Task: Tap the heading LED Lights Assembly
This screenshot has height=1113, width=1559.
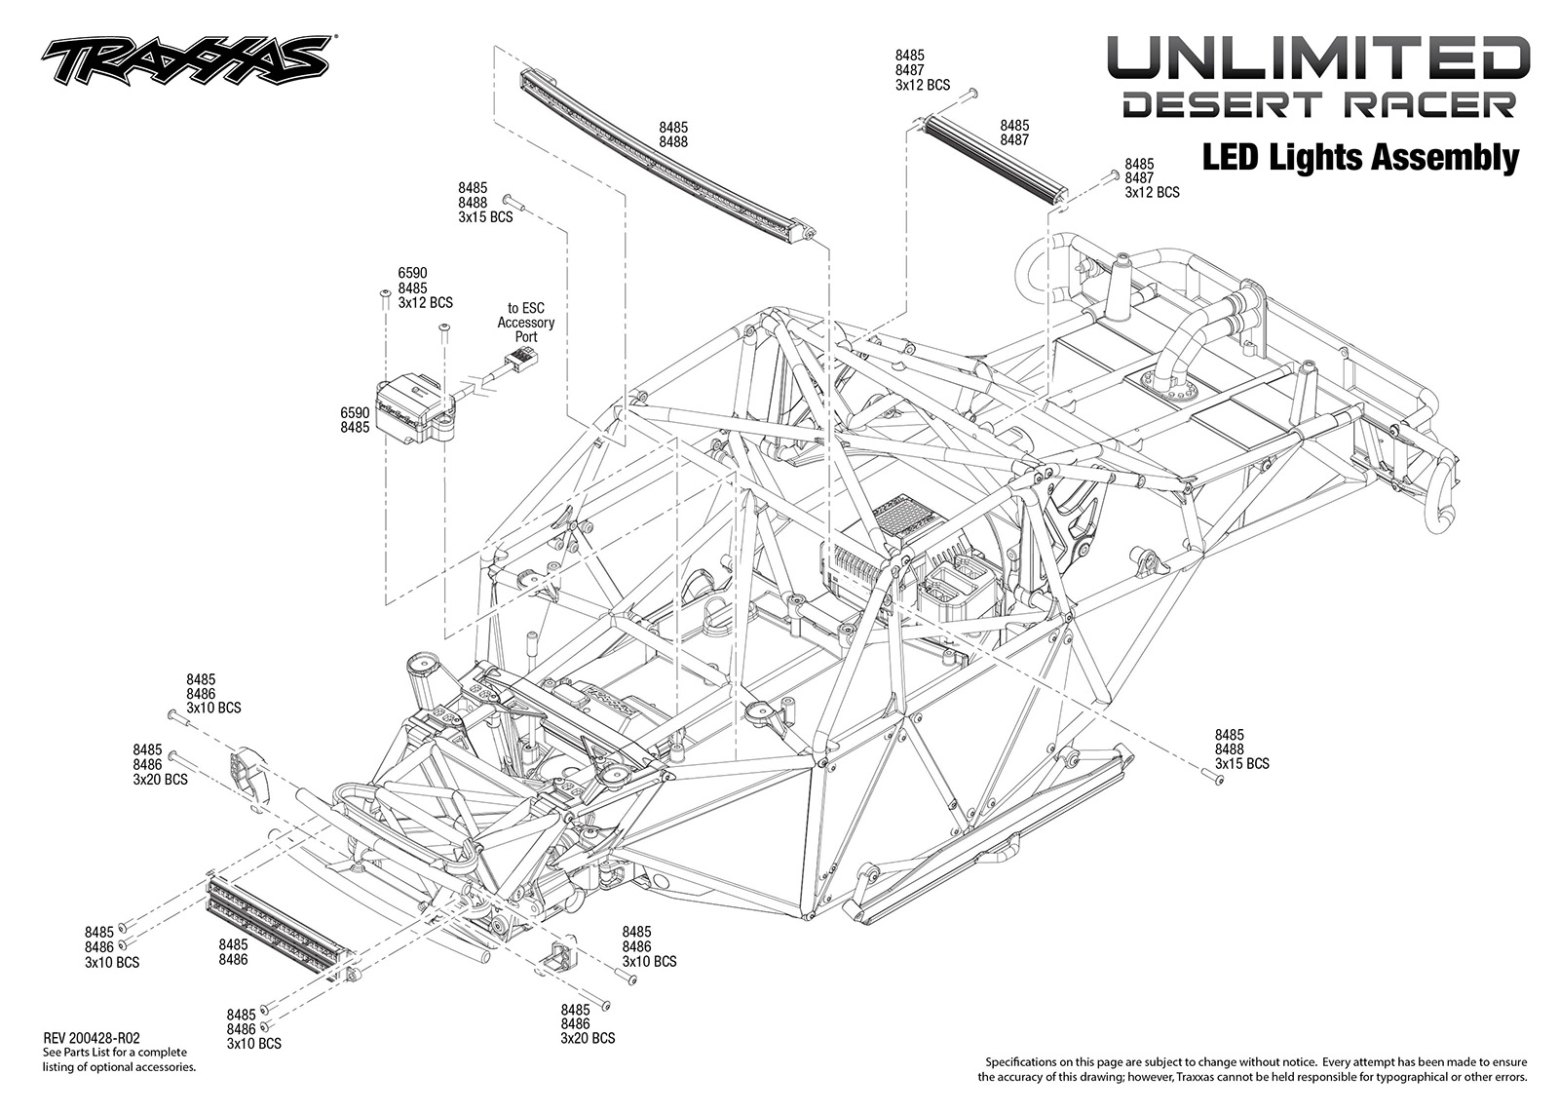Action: click(1360, 158)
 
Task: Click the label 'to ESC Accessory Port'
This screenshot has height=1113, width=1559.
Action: click(525, 323)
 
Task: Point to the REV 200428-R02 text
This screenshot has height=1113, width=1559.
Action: click(91, 1039)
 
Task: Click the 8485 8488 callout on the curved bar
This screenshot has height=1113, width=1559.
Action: click(673, 134)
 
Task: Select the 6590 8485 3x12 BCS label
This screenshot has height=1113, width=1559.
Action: click(425, 288)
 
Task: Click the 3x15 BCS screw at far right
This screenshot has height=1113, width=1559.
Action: click(1212, 780)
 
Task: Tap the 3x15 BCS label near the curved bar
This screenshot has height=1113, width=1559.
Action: click(485, 217)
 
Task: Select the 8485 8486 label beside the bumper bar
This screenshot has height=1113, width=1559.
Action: click(233, 952)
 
